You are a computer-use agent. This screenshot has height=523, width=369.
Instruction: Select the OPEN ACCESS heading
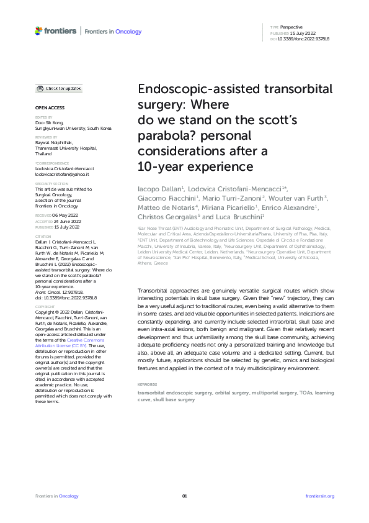[47, 107]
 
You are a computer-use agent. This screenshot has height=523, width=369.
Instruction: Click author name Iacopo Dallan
[158, 187]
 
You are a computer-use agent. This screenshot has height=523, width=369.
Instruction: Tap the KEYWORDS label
[148, 367]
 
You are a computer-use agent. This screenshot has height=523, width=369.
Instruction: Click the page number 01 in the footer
[184, 496]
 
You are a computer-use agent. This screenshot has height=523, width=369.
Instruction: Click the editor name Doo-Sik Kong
[50, 122]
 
